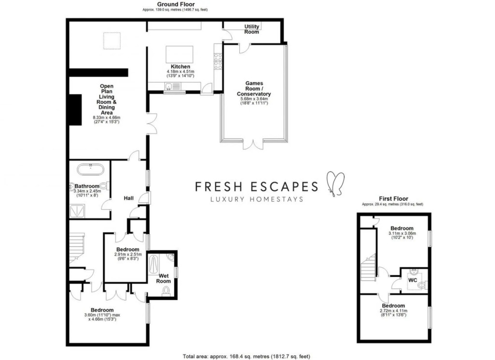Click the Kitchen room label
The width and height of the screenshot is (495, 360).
tap(180, 67)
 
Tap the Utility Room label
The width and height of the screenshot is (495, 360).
tap(251, 29)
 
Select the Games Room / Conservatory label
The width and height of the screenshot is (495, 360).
tap(254, 89)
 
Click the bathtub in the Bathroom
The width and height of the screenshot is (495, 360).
tap(90, 170)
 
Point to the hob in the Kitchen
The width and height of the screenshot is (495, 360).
tap(218, 61)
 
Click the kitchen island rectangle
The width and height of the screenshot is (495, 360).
tap(180, 54)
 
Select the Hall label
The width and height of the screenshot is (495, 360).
tap(129, 198)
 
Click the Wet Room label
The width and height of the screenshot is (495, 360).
tap(163, 278)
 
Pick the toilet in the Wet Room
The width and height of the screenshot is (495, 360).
tap(166, 291)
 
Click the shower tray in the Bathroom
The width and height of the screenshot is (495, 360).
tap(77, 211)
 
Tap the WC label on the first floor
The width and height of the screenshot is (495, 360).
tap(413, 280)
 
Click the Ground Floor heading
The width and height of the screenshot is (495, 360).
tap(176, 4)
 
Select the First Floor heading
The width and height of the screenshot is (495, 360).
tap(393, 199)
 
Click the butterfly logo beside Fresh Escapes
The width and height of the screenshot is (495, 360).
tap(335, 184)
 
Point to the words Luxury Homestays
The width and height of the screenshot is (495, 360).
tap(257, 199)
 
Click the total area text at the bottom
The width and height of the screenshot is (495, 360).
tap(246, 357)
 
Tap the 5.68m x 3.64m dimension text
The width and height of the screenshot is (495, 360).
tap(254, 99)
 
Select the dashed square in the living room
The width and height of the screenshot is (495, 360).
tap(112, 41)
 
